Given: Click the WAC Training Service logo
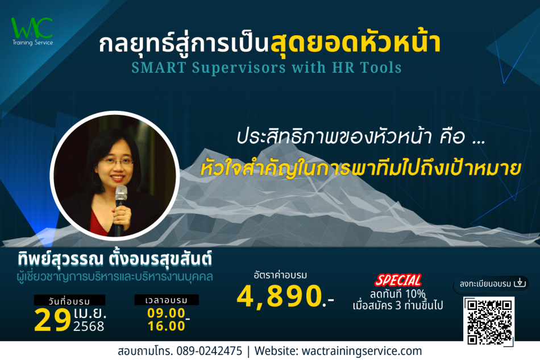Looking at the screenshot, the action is coord(32,31).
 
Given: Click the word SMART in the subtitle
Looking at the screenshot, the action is coord(159,68).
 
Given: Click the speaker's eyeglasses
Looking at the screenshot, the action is coord(117,161).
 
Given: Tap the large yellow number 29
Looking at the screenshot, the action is coord(53,320).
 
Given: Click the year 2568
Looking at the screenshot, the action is coord(89,326).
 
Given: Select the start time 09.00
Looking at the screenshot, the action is coord(167,313).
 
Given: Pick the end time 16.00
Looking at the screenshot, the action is coord(167,326).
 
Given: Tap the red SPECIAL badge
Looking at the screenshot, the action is coord(398,280).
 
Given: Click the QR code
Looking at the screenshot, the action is coord(489,321).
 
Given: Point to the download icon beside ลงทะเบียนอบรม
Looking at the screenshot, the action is coord(520,283).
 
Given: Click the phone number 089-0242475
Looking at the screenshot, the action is coord(209,351).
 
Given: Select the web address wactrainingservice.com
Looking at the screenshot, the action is coord(362,351).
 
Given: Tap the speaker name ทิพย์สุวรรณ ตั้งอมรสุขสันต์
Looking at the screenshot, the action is coord(115,259).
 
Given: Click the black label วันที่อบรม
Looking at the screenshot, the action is coord(69,300).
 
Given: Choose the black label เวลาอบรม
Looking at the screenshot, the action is coord(167,300).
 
